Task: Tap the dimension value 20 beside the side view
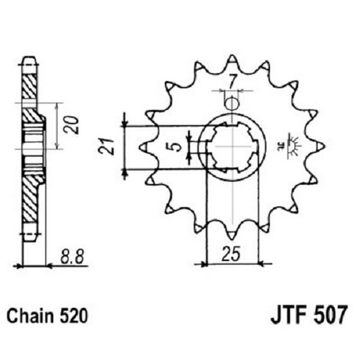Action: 72,125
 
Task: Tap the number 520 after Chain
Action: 74,316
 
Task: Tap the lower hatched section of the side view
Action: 30,197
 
